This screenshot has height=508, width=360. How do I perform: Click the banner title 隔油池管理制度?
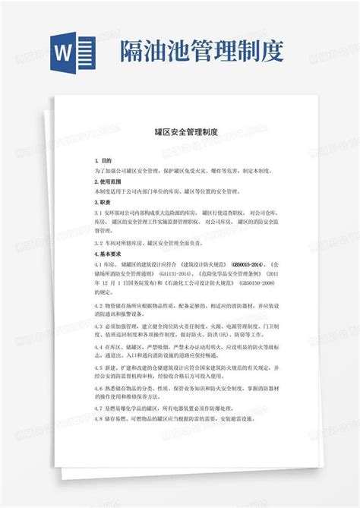tap(202, 51)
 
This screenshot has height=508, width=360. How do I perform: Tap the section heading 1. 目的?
tap(103, 161)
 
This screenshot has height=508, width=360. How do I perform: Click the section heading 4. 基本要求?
tap(108, 251)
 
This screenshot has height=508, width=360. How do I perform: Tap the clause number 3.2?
tap(99, 241)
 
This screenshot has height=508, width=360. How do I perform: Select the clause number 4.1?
tap(99, 262)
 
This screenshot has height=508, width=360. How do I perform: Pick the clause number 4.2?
tap(99, 302)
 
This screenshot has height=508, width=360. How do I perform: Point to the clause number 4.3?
tap(99, 325)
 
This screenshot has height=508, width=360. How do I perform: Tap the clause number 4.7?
tap(99, 409)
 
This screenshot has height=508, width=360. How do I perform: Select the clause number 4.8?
tap(99, 418)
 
